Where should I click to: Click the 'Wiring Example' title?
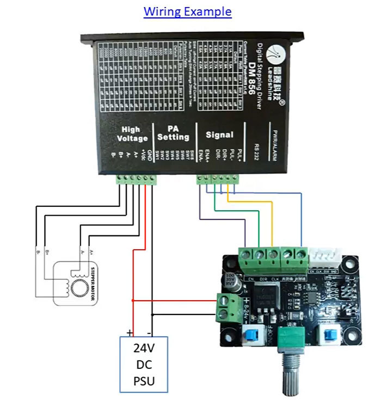(187, 11)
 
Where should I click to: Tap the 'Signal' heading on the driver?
(219, 135)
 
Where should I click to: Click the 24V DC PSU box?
(144, 364)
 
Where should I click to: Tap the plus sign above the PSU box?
(130, 331)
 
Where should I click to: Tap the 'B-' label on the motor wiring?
(36, 253)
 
